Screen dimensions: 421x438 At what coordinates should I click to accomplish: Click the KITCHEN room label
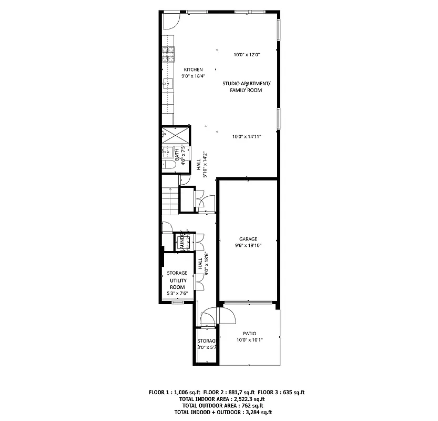(x=193, y=69)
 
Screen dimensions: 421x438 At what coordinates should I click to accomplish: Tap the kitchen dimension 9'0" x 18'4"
(x=193, y=76)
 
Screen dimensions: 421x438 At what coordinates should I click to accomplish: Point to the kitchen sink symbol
(x=168, y=83)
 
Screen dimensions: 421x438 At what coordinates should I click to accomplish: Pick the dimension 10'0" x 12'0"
(x=247, y=54)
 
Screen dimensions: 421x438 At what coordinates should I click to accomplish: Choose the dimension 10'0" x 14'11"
(x=247, y=136)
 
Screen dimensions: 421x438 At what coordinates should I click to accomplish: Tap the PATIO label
(x=249, y=334)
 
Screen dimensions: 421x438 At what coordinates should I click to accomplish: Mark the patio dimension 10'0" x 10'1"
(x=249, y=340)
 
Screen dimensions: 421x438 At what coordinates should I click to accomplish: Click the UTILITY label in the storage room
(x=177, y=280)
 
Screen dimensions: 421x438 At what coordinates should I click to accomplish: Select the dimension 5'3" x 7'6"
(x=177, y=293)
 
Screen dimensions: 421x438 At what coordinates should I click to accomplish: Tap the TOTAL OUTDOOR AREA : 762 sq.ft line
(x=222, y=406)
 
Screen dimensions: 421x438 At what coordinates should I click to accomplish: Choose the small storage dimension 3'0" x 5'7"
(x=207, y=347)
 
